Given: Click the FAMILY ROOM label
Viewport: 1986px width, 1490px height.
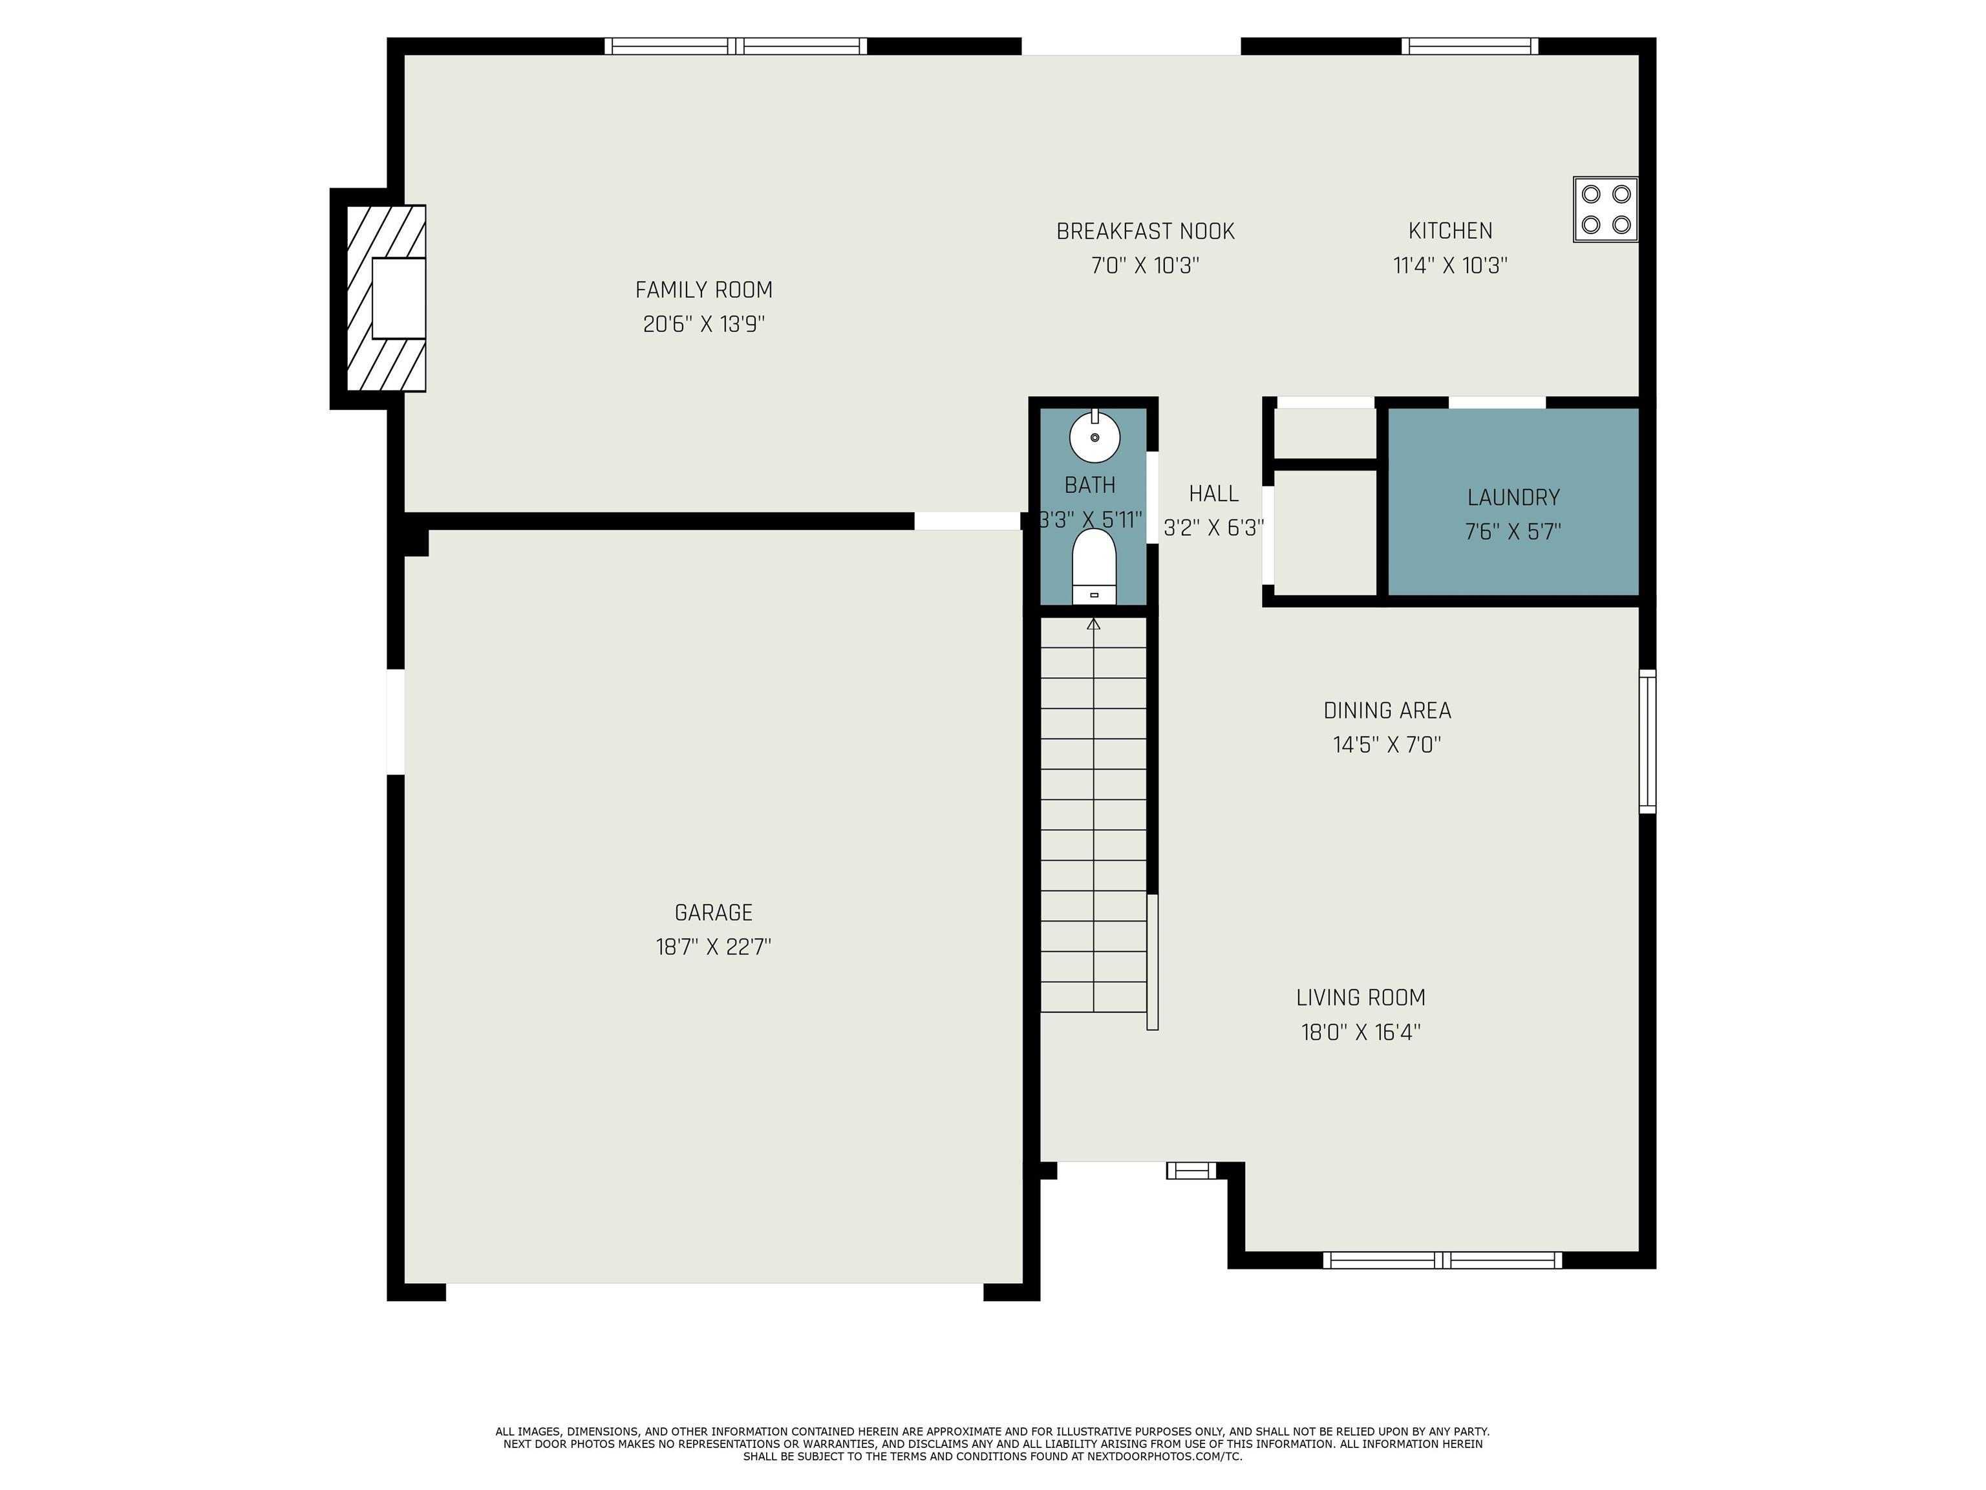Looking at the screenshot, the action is pyautogui.click(x=704, y=290).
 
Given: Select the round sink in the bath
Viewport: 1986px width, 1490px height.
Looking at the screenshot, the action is pyautogui.click(x=1094, y=437).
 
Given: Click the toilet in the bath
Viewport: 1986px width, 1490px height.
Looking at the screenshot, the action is pyautogui.click(x=1094, y=567).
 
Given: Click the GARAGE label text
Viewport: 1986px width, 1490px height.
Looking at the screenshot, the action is pyautogui.click(x=714, y=912).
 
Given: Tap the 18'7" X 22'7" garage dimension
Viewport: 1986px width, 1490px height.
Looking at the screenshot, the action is pyautogui.click(x=714, y=947).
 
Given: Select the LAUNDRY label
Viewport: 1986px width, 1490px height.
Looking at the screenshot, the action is pyautogui.click(x=1513, y=497).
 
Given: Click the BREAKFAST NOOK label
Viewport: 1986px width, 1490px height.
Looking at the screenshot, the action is pyautogui.click(x=1146, y=232).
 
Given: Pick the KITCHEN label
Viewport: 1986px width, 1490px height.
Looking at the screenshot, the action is pyautogui.click(x=1451, y=231).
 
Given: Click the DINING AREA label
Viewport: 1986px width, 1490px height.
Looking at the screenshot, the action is pyautogui.click(x=1387, y=711).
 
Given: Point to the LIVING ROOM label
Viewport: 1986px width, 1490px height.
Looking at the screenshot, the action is pyautogui.click(x=1361, y=998).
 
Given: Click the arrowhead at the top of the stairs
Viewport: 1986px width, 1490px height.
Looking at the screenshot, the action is pyautogui.click(x=1094, y=623).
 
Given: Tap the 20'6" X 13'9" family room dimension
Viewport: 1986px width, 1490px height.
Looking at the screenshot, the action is pyautogui.click(x=704, y=324).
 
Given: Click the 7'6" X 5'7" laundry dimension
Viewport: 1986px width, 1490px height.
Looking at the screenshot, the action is pyautogui.click(x=1513, y=532).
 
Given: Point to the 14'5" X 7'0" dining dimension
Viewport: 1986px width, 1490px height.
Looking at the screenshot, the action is pyautogui.click(x=1387, y=744).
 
